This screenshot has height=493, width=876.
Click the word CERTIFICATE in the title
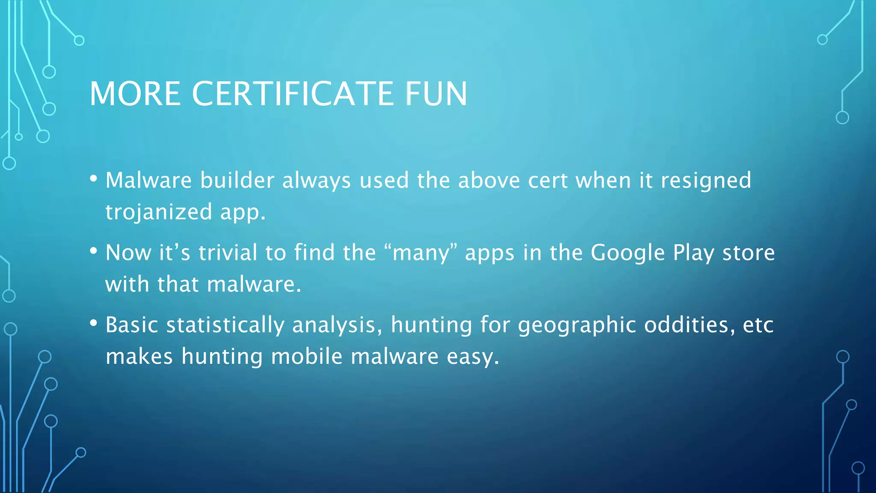(x=293, y=94)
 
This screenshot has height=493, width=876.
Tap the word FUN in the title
(x=436, y=94)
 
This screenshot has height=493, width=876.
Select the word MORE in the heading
(x=135, y=94)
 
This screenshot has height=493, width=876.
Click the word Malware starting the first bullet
(x=148, y=180)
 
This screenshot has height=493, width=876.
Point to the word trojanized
(x=159, y=212)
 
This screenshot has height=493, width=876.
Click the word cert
(x=547, y=181)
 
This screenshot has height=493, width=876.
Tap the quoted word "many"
(x=421, y=252)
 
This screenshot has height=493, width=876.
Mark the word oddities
(x=690, y=325)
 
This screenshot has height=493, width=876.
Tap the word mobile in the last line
(x=307, y=356)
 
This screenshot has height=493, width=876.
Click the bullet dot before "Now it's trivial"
(x=94, y=251)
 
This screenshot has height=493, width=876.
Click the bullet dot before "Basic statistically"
(x=94, y=324)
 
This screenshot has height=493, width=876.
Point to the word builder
(x=237, y=180)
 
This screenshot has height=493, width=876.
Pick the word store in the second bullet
(x=749, y=252)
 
